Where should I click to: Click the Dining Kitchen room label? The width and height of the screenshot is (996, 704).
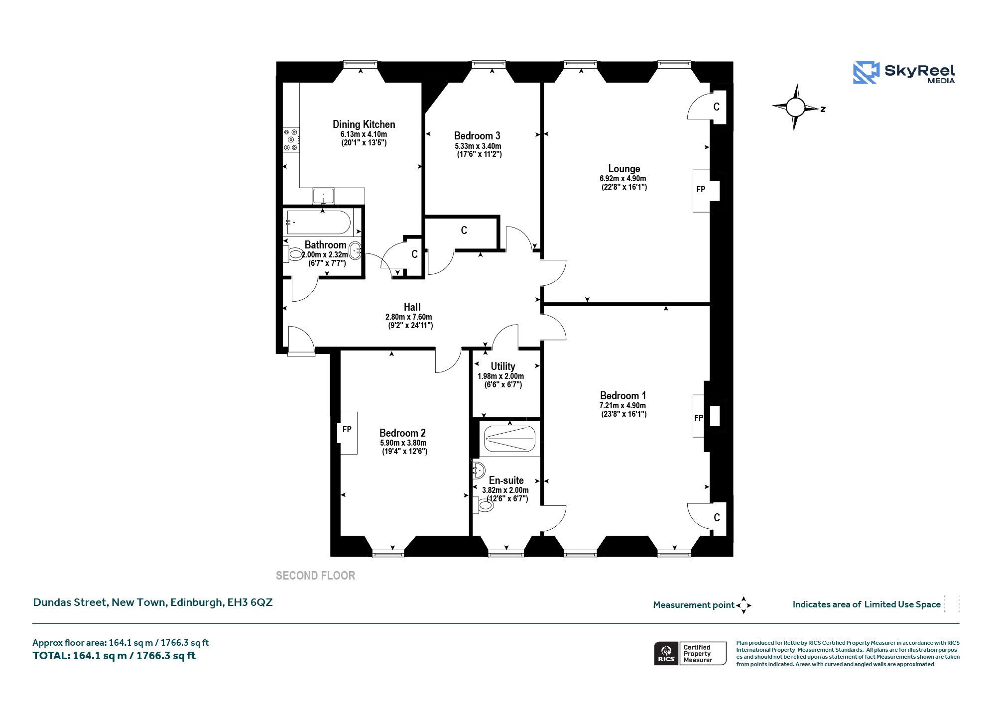[x=364, y=124]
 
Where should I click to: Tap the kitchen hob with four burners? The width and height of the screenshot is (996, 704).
[x=291, y=140]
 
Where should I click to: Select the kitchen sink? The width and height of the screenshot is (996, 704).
[x=324, y=196]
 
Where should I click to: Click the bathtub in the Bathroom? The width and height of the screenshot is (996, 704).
[x=319, y=222]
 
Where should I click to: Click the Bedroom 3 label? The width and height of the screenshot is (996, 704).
[x=477, y=136]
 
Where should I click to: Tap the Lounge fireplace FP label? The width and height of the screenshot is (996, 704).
[x=701, y=190]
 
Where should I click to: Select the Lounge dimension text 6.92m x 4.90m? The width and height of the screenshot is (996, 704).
[x=623, y=179]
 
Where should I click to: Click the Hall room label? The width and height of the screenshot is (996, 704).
[x=412, y=307]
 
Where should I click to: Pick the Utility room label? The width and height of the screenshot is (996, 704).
[x=503, y=366]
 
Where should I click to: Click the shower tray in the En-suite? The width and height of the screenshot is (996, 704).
[x=509, y=438]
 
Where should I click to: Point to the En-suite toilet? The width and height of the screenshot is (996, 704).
[x=483, y=505]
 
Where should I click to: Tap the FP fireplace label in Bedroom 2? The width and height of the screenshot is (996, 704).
[x=347, y=429]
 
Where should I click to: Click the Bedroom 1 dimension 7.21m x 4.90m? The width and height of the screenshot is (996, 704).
[x=622, y=406]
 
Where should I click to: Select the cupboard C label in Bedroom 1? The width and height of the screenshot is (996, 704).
[x=717, y=518]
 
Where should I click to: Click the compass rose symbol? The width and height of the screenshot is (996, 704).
[x=796, y=107]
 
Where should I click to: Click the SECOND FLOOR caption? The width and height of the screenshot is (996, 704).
[x=316, y=576]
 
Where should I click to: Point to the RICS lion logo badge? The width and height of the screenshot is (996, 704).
[x=666, y=654]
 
